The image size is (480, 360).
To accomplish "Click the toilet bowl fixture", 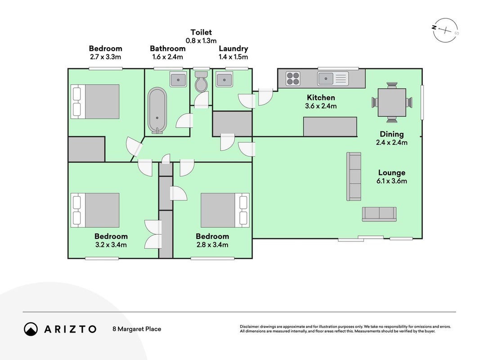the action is [x=201, y=81].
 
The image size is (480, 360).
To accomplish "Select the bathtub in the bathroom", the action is [x=157, y=111].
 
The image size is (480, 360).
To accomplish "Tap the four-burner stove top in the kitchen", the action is [x=293, y=78].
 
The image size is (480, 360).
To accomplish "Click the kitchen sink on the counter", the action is [x=333, y=78].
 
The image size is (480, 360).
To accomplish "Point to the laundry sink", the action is [x=224, y=80].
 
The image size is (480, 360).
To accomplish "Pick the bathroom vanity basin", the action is [x=178, y=80].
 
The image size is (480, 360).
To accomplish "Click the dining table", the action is [x=392, y=102].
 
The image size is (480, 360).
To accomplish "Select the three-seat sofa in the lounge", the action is [x=354, y=176].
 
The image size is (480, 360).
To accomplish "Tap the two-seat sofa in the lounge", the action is [x=379, y=214].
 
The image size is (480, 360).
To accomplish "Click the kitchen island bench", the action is [x=330, y=126].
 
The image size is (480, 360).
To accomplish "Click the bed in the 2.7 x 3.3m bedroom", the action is [x=95, y=102].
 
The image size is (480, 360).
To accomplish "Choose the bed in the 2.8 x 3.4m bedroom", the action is [x=225, y=210].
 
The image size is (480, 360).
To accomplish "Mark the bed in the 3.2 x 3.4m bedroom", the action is [x=95, y=210].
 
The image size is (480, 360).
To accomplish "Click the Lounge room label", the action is [x=391, y=173].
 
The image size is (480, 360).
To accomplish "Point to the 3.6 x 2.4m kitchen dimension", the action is [x=321, y=106].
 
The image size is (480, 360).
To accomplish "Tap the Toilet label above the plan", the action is [x=201, y=32].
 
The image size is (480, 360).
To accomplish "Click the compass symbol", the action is [x=446, y=30].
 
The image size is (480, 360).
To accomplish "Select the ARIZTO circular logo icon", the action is [x=31, y=329].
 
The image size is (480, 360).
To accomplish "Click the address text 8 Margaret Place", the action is [x=137, y=329].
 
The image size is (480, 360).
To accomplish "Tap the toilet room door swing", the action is [x=202, y=99].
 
